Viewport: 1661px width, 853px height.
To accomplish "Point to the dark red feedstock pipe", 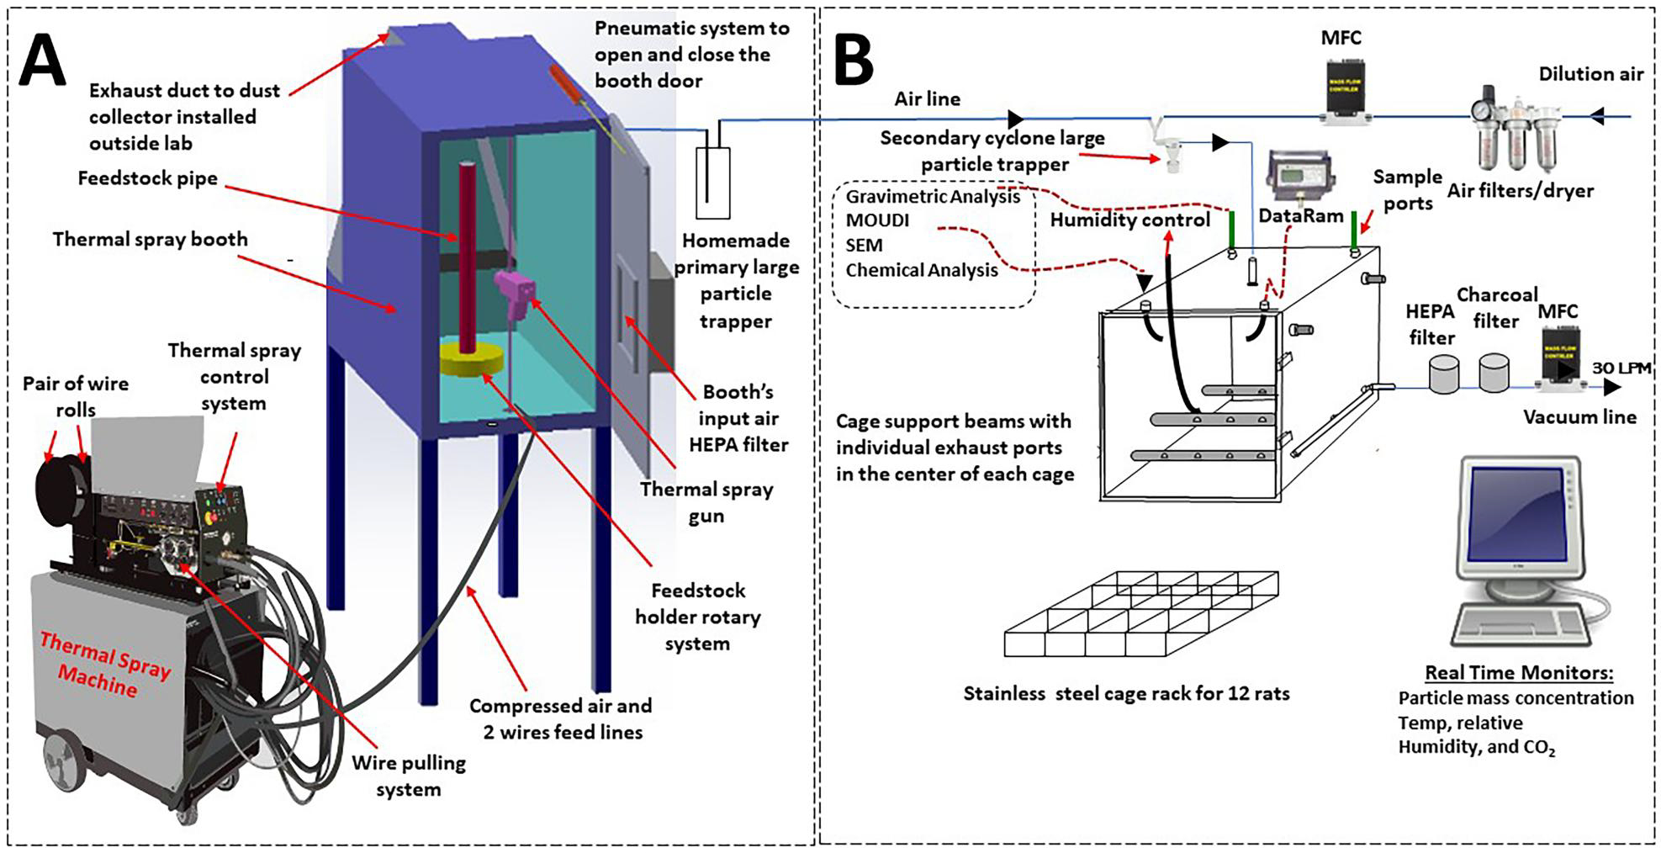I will tap(468, 252).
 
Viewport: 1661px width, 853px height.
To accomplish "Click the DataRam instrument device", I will tap(1299, 177).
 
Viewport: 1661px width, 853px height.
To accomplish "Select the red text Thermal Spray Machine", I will tap(105, 665).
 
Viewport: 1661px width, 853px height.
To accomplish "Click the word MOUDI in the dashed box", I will tap(877, 221).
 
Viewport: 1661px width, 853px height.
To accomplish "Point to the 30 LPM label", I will tap(1621, 368).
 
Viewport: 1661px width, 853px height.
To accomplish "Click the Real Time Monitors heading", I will tap(1519, 672).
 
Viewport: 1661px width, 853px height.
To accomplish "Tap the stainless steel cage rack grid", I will tap(1141, 614).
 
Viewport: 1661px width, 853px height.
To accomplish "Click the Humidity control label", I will tap(1129, 220).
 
